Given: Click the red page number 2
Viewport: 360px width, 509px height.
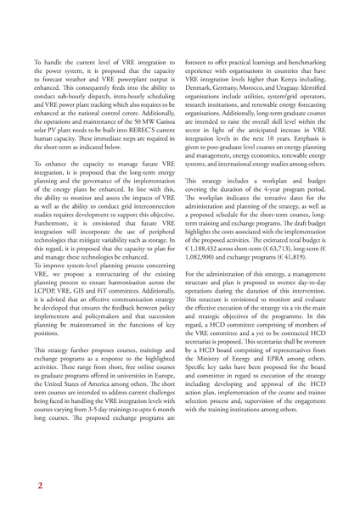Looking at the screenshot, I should [38, 486].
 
